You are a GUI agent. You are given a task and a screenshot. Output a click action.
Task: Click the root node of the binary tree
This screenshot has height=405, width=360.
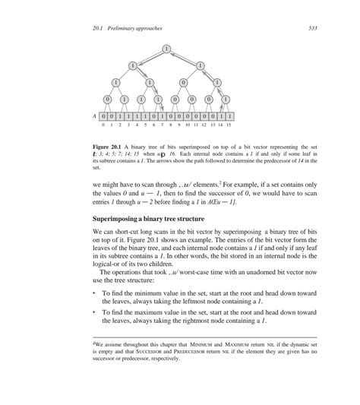[166, 50]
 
